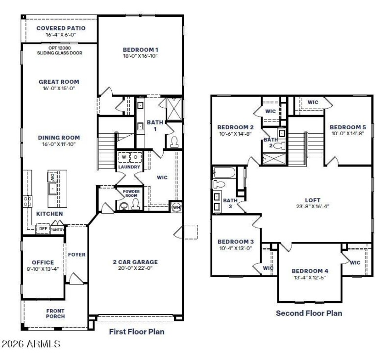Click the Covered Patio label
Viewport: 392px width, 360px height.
point(61,28)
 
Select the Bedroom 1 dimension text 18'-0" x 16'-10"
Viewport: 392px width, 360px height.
point(140,56)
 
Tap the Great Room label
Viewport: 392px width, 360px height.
point(59,82)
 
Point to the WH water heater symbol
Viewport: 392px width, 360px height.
point(176,207)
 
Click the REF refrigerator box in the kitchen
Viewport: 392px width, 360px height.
point(43,228)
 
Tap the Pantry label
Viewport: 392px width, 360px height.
point(58,229)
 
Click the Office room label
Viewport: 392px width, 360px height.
point(43,263)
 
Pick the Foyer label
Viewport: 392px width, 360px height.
point(76,254)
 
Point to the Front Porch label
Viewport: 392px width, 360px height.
point(55,313)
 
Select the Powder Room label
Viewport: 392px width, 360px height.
point(131,193)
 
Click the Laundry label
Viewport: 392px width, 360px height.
point(129,167)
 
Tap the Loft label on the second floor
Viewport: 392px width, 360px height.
point(312,199)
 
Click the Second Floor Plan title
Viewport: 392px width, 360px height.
point(309,313)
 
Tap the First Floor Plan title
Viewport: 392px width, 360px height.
point(136,332)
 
